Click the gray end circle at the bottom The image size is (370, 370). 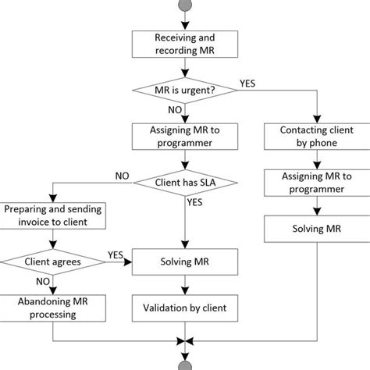click(x=184, y=364)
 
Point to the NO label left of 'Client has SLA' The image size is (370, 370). click(x=123, y=176)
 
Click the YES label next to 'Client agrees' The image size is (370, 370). click(x=114, y=254)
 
